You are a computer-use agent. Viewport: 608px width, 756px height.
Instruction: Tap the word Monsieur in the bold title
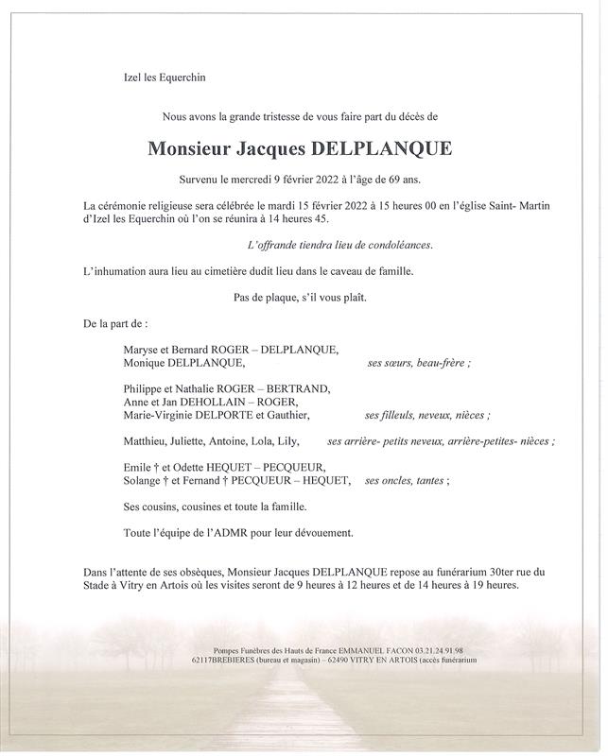click(190, 148)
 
